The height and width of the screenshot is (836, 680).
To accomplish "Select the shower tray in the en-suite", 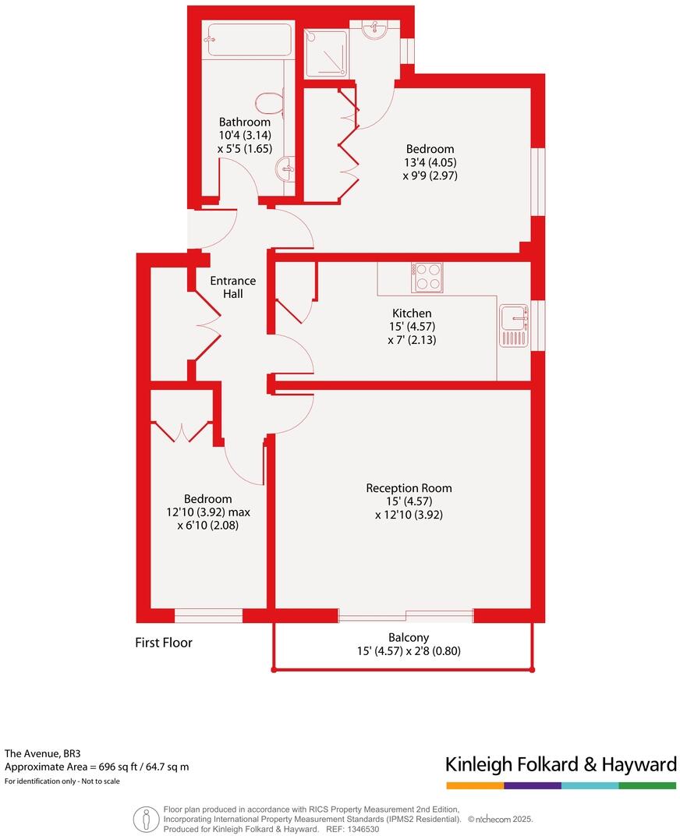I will (326, 54).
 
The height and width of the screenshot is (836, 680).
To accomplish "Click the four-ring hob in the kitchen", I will (427, 277).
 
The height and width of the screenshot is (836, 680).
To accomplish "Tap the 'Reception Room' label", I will (409, 488).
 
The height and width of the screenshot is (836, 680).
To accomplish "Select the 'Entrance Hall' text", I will (232, 287).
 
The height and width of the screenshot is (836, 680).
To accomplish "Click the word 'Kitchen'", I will (412, 313).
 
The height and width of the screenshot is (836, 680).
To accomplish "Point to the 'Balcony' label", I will (409, 637).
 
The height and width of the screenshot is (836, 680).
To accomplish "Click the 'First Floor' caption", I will (164, 643).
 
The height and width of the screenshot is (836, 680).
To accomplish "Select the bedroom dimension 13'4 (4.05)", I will (430, 162).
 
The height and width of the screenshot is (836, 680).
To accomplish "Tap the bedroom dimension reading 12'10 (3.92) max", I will (207, 512).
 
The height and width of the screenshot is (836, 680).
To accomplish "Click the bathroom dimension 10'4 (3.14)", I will (245, 135).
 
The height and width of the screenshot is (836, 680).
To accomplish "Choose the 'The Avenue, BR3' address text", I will (43, 753).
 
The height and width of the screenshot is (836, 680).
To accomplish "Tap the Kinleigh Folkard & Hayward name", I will (560, 764).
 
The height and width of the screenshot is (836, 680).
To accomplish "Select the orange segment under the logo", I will (475, 785).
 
